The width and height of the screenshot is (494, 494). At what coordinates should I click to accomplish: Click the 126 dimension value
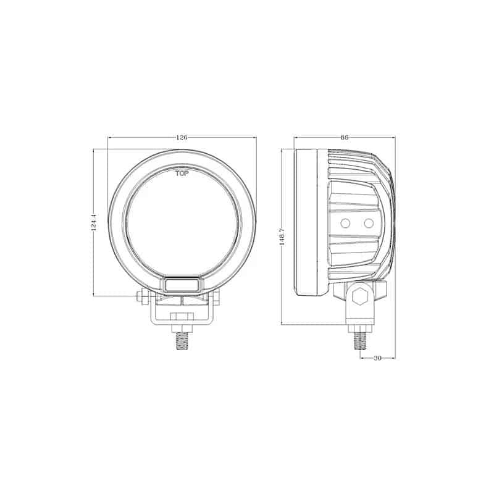(x=182, y=137)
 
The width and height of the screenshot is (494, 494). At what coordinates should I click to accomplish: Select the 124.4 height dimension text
(x=93, y=223)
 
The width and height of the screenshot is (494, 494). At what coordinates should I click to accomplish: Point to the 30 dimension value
(x=377, y=358)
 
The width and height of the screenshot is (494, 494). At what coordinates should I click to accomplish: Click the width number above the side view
(x=344, y=137)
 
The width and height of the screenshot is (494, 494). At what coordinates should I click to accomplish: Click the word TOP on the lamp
(x=182, y=174)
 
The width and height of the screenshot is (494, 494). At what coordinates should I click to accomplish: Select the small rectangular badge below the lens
(x=182, y=285)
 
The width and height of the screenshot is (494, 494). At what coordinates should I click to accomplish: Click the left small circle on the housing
(x=346, y=222)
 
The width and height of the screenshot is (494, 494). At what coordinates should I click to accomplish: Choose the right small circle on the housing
(x=369, y=222)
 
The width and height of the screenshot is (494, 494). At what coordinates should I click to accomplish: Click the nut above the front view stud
(x=182, y=317)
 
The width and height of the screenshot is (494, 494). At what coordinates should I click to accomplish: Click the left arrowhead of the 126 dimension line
(x=110, y=137)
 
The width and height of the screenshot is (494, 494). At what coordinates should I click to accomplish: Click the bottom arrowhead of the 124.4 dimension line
(x=93, y=295)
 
